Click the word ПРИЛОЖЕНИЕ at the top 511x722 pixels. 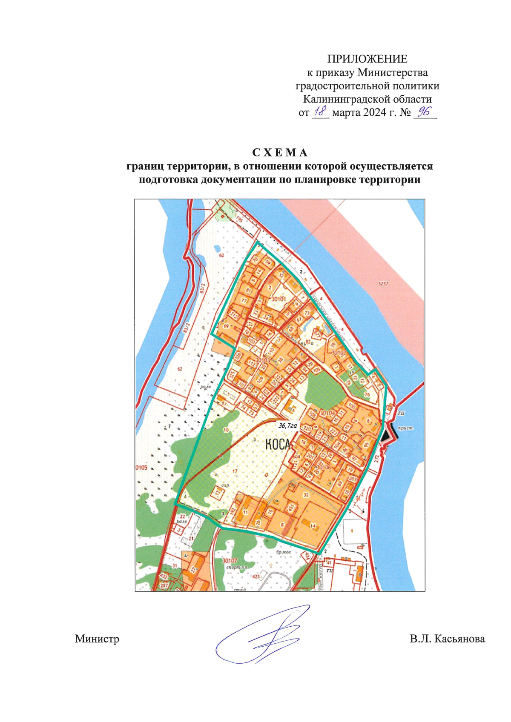(367, 59)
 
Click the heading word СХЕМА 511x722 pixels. (280, 152)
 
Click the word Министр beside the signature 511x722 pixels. (97, 639)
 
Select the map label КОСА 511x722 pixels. (278, 445)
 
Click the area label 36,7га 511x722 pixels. (287, 425)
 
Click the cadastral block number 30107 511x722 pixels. (230, 561)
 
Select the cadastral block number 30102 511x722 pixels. (339, 353)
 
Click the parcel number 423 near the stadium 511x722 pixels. (256, 577)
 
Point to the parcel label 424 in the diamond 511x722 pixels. (306, 555)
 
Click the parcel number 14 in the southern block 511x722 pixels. (313, 526)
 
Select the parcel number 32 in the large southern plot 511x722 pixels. (306, 494)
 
